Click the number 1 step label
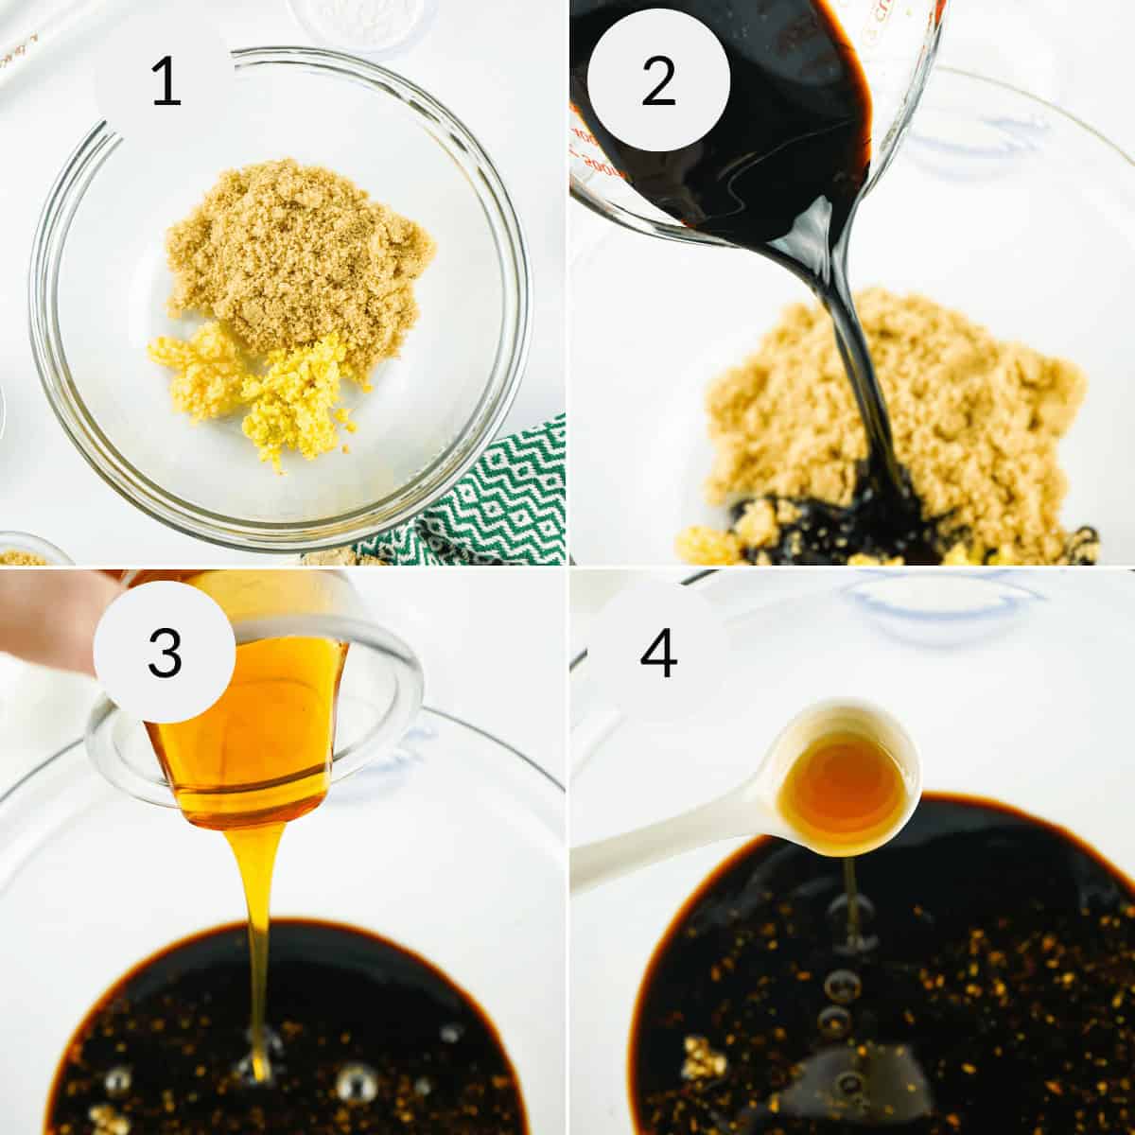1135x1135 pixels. coord(166,82)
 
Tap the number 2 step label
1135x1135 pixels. coord(658,82)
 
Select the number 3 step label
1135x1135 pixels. coord(166,652)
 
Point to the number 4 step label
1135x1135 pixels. coord(658,652)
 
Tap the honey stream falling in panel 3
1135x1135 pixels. coord(258,946)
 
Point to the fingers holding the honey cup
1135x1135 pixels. coord(47,615)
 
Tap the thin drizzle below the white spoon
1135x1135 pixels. coord(851,899)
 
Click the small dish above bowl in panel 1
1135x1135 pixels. coord(355,19)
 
